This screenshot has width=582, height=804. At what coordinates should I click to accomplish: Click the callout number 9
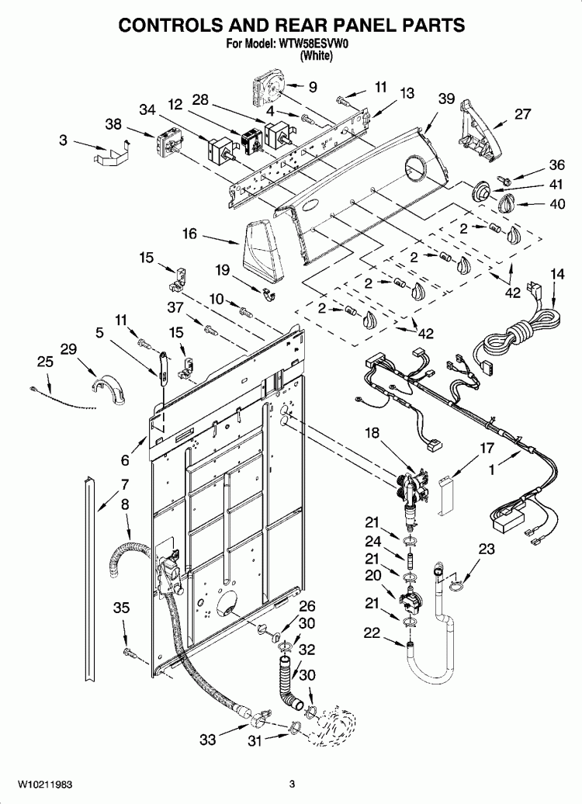click(313, 87)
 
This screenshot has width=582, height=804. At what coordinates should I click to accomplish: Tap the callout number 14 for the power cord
click(557, 274)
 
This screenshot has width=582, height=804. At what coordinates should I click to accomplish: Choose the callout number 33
click(207, 740)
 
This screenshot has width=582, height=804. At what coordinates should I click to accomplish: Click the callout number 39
click(445, 99)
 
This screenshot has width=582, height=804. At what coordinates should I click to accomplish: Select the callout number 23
click(487, 549)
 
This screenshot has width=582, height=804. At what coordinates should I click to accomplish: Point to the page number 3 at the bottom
click(292, 784)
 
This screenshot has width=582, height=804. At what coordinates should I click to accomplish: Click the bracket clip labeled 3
click(109, 153)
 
